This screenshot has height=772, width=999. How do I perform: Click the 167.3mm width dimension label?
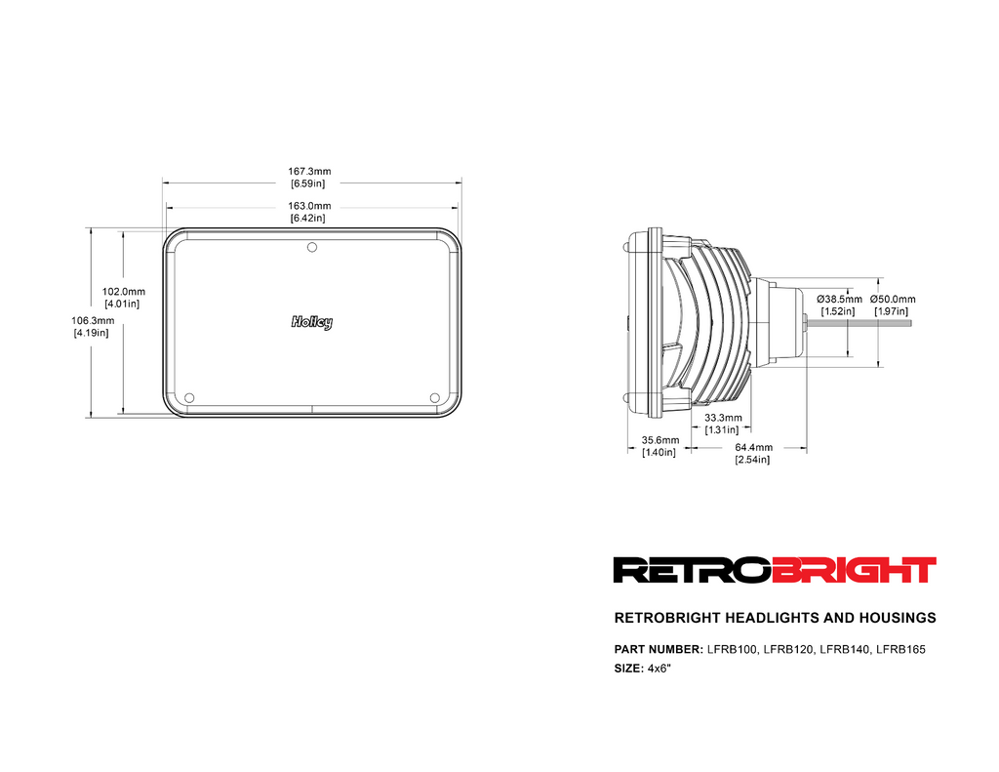pos(309,178)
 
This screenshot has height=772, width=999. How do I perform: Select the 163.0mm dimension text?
pos(309,213)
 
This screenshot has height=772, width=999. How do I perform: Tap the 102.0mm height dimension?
pos(123,298)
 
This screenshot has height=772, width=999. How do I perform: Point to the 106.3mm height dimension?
pos(92,326)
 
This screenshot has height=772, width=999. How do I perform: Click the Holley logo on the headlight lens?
pos(311,323)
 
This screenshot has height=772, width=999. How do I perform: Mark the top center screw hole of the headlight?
pos(312,247)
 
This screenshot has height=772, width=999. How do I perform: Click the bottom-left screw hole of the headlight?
pos(189,398)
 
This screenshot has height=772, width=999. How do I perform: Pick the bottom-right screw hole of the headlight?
pos(434,398)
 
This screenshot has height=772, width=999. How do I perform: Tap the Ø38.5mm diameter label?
pos(839,305)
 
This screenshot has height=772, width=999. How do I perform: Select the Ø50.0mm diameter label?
pos(893,305)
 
